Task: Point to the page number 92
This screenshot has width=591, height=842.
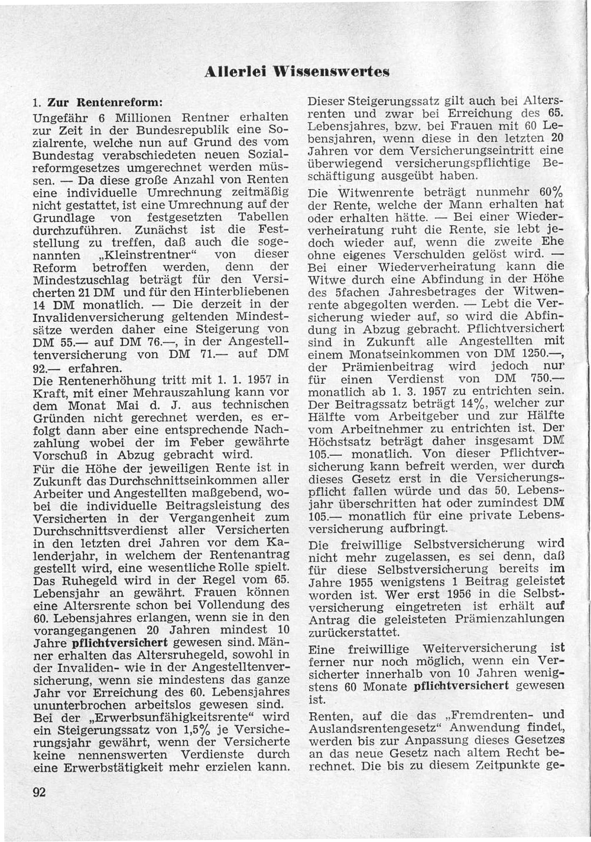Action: point(40,792)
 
